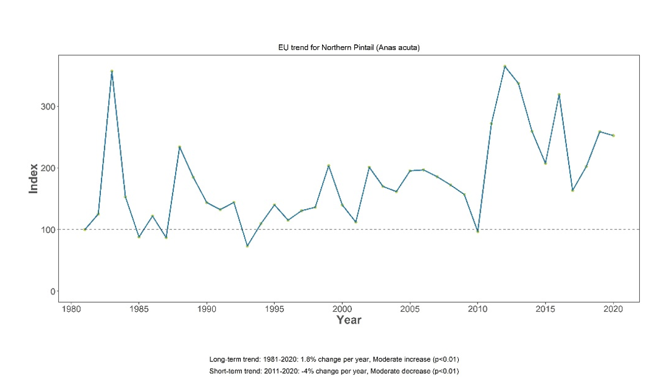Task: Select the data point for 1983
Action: pos(112,71)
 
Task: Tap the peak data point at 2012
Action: pos(504,66)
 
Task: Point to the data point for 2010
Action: pos(478,231)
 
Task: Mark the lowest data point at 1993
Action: pos(247,246)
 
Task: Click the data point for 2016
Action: pos(558,95)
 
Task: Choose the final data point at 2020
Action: pos(613,135)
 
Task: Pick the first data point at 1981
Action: pos(85,229)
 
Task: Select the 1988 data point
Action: pos(179,147)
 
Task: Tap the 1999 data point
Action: pos(328,165)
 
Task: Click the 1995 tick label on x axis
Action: pos(274,308)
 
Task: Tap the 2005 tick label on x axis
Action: pos(410,308)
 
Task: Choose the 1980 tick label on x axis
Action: pos(72,308)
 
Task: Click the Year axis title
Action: pos(349,320)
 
